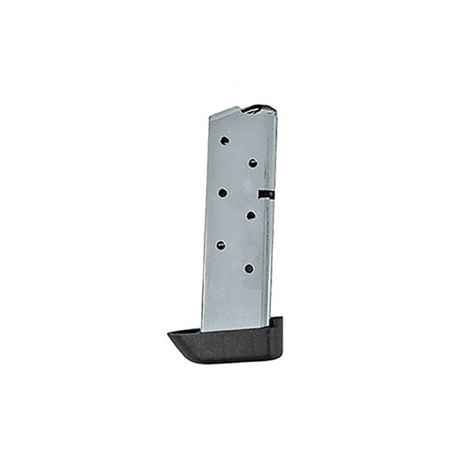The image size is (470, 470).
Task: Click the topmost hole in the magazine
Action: (225, 141)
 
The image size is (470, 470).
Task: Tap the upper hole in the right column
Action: (253, 163)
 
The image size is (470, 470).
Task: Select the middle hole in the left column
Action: (222, 192)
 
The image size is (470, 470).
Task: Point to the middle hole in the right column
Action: (250, 215)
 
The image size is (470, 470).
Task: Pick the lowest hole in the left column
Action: (221, 244)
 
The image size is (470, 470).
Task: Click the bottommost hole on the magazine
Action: (248, 268)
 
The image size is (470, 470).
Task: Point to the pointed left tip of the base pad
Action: (168, 336)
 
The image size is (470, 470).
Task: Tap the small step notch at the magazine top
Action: (242, 109)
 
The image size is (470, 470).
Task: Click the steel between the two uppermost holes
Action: (239, 152)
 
